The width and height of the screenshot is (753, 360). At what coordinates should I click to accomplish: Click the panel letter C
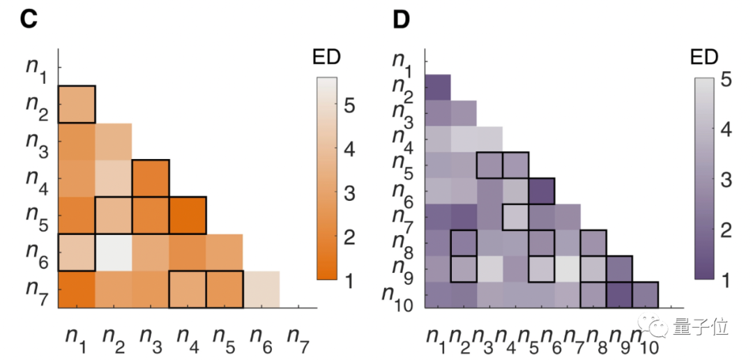28,20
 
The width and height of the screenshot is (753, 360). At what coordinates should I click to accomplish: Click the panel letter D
401,20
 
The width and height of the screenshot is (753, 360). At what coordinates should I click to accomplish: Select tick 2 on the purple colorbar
726,231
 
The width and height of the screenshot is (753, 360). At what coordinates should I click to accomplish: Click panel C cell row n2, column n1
76,104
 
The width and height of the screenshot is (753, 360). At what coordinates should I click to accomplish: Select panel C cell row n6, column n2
113,253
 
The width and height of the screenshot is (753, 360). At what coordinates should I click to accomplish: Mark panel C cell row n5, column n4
188,216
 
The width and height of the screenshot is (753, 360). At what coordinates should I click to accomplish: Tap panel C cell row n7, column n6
261,290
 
